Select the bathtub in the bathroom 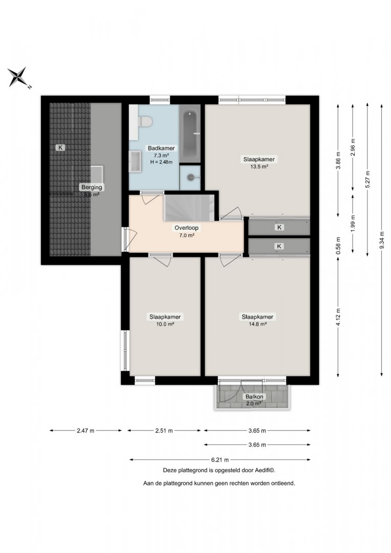(x=190, y=134)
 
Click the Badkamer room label (x=161, y=148)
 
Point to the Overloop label (x=186, y=228)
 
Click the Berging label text (x=92, y=187)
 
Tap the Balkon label (x=254, y=397)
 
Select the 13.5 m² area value (x=259, y=167)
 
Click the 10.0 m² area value (x=165, y=324)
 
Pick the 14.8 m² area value (x=257, y=324)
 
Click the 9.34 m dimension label (x=382, y=240)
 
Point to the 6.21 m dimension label (x=220, y=459)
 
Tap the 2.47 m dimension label (x=85, y=430)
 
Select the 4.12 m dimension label (x=338, y=318)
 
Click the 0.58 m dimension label (x=338, y=245)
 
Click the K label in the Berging (x=60, y=147)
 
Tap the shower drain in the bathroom (x=191, y=177)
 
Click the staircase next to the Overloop (x=189, y=207)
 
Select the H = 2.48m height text (x=161, y=162)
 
